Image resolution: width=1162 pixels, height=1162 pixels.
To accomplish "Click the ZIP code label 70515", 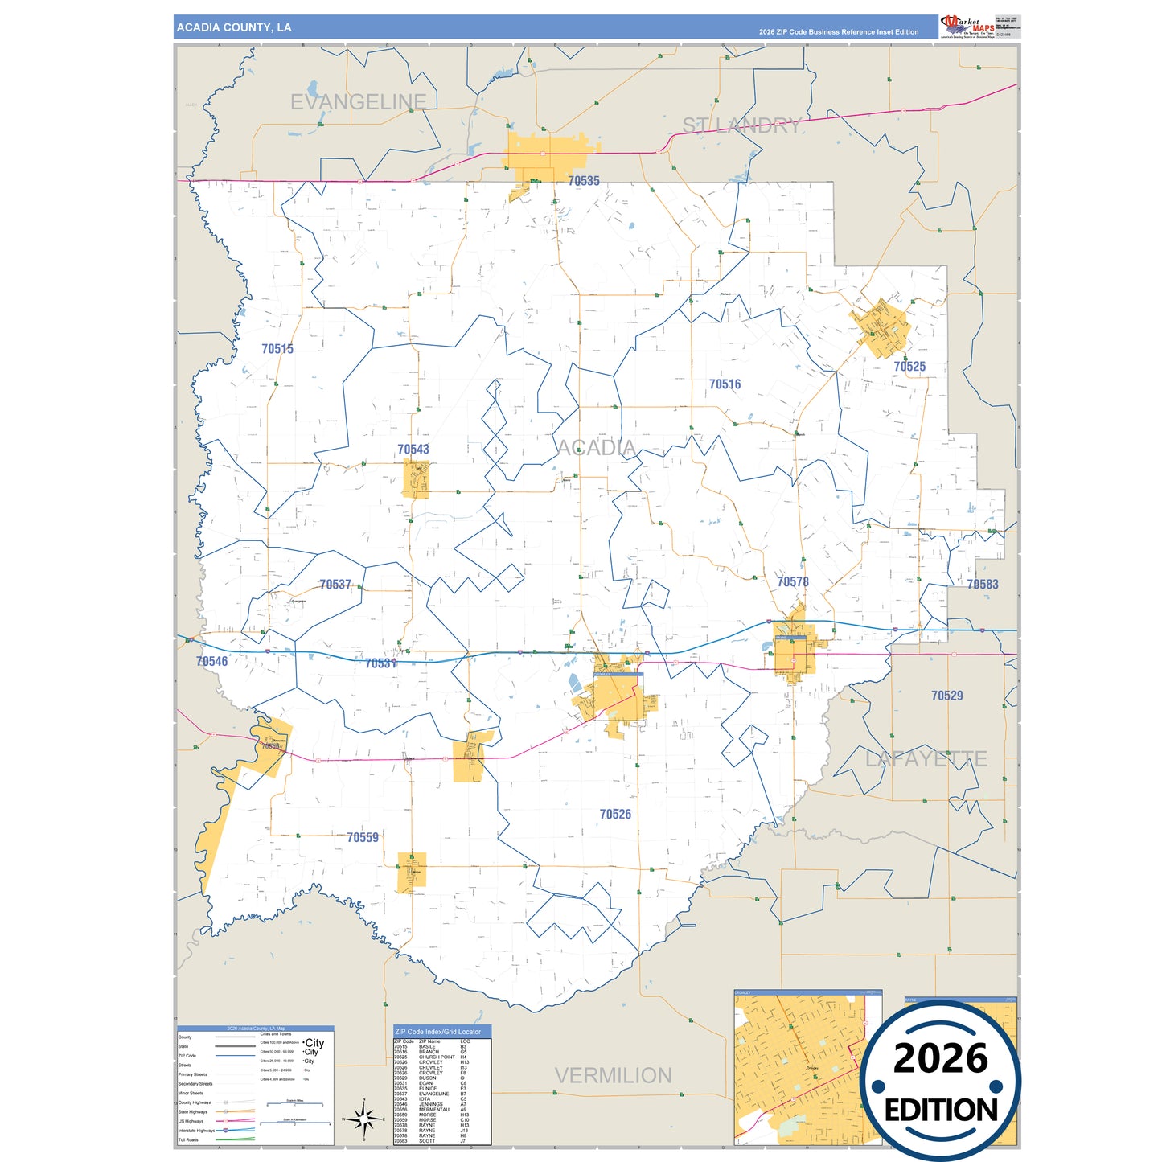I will pyautogui.click(x=277, y=349).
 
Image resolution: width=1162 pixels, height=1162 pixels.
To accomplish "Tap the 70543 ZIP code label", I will pyautogui.click(x=413, y=450).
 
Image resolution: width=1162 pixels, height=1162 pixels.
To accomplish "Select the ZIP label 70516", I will pyautogui.click(x=725, y=384).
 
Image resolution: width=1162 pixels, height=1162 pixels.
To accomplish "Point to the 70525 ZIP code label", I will pyautogui.click(x=909, y=367).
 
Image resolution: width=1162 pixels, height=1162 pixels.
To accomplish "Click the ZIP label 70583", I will pyautogui.click(x=983, y=585).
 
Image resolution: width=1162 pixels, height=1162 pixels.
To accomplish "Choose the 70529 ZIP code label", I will pyautogui.click(x=946, y=696).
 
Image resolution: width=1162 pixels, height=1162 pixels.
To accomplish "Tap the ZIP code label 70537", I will pyautogui.click(x=335, y=585).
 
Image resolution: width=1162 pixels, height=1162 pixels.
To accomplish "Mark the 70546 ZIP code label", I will pyautogui.click(x=212, y=661).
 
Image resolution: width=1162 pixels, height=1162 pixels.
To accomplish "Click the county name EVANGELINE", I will pyautogui.click(x=358, y=102).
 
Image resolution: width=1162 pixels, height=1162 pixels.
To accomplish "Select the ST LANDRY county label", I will pyautogui.click(x=741, y=125).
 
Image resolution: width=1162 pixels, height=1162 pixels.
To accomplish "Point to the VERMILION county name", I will pyautogui.click(x=613, y=1075).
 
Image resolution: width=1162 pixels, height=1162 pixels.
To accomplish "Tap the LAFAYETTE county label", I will pyautogui.click(x=926, y=758).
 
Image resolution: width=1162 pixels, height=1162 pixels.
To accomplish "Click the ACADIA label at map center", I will pyautogui.click(x=596, y=447).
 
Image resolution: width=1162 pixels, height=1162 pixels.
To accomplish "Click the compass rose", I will pyautogui.click(x=363, y=1119).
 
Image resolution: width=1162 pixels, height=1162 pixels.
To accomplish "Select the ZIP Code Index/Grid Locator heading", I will pyautogui.click(x=438, y=1032).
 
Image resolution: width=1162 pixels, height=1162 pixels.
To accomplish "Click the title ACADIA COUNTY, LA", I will pyautogui.click(x=234, y=27).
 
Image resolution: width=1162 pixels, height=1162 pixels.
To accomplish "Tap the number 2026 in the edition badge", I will pyautogui.click(x=940, y=1058).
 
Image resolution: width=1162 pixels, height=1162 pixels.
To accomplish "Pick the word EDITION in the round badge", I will pyautogui.click(x=941, y=1111).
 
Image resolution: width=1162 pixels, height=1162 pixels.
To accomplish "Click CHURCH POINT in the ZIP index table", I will pyautogui.click(x=437, y=1057).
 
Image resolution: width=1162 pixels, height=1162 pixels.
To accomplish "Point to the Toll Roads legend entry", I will pyautogui.click(x=188, y=1139).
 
